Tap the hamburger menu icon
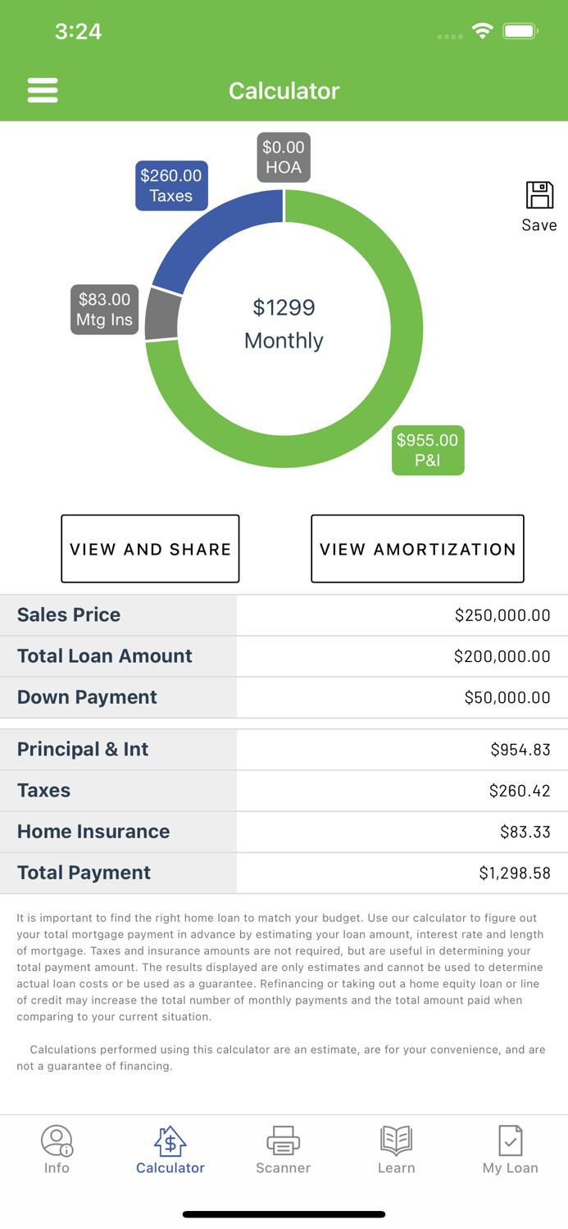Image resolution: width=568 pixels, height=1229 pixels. point(43,90)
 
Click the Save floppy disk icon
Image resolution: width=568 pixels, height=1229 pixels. point(539,196)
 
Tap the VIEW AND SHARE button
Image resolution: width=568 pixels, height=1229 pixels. point(150,549)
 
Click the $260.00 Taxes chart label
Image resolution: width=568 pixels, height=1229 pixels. point(171,186)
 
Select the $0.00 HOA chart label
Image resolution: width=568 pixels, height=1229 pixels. point(284,157)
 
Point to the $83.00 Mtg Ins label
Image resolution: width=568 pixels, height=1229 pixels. point(104,310)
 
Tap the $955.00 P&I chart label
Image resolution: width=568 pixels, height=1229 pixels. point(428,450)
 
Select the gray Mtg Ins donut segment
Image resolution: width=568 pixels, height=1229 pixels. point(162,315)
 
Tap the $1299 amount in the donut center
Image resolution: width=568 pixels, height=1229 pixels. point(284,308)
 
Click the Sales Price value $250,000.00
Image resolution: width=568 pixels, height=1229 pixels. point(502,615)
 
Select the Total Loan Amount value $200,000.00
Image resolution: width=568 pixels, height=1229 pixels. point(502,656)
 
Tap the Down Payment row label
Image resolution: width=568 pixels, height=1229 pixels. point(87,697)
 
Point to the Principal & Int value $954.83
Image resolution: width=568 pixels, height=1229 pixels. point(520,750)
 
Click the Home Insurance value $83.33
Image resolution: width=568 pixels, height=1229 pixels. point(525,832)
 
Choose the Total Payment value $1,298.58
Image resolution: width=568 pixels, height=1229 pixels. point(514,873)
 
